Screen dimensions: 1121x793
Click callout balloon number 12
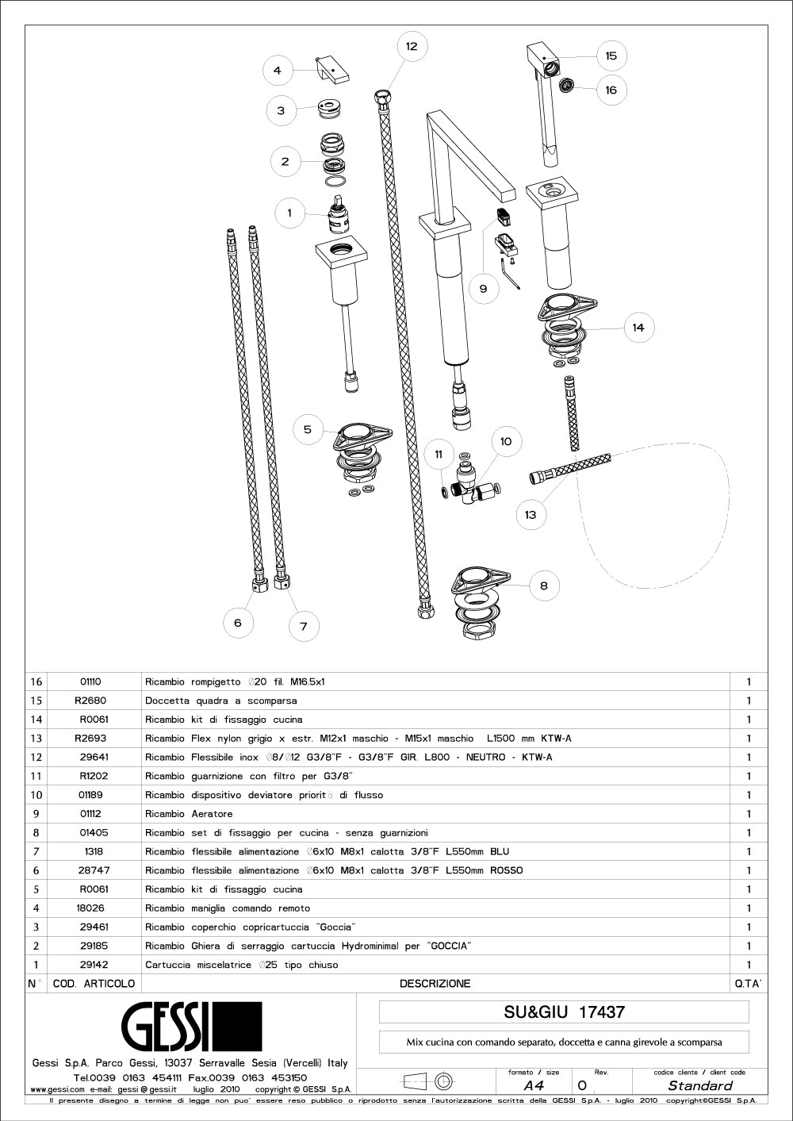click(412, 46)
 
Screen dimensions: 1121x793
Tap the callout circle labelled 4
click(278, 70)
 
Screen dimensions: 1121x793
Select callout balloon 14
click(638, 327)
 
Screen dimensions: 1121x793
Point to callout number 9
click(484, 289)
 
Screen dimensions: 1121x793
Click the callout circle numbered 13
click(531, 514)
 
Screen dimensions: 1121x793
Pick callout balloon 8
click(543, 585)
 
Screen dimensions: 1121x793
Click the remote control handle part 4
click(333, 71)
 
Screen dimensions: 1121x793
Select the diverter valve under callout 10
click(468, 482)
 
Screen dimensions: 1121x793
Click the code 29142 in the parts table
click(94, 965)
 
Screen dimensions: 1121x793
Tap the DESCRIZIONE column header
click(435, 984)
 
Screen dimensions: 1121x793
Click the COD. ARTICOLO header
click(94, 984)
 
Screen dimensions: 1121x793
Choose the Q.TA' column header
click(748, 984)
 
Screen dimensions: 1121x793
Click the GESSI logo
click(191, 1027)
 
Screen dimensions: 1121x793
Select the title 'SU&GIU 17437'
click(564, 1012)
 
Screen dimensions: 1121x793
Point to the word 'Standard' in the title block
click(699, 1085)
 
